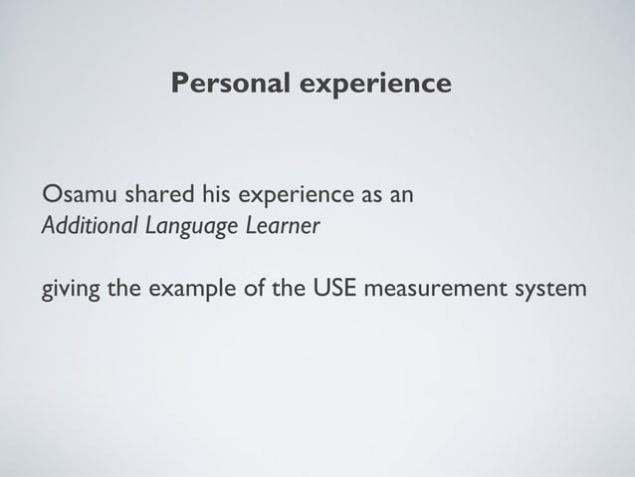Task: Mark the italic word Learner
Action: pos(285,226)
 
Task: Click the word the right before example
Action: pos(130,290)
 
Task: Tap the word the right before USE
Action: pos(292,290)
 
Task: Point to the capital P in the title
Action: pos(179,83)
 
